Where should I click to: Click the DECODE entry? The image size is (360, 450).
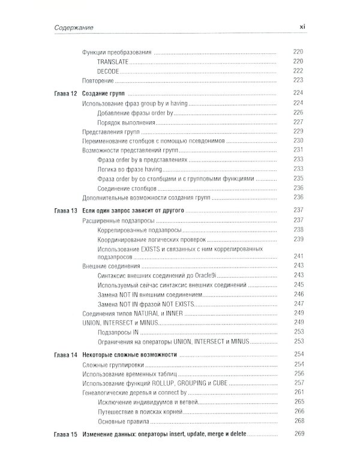tap(109, 70)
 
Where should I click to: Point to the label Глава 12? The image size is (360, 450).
tap(62, 94)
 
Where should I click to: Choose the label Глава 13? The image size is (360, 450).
tap(62, 211)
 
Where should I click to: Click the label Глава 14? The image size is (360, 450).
tap(62, 355)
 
